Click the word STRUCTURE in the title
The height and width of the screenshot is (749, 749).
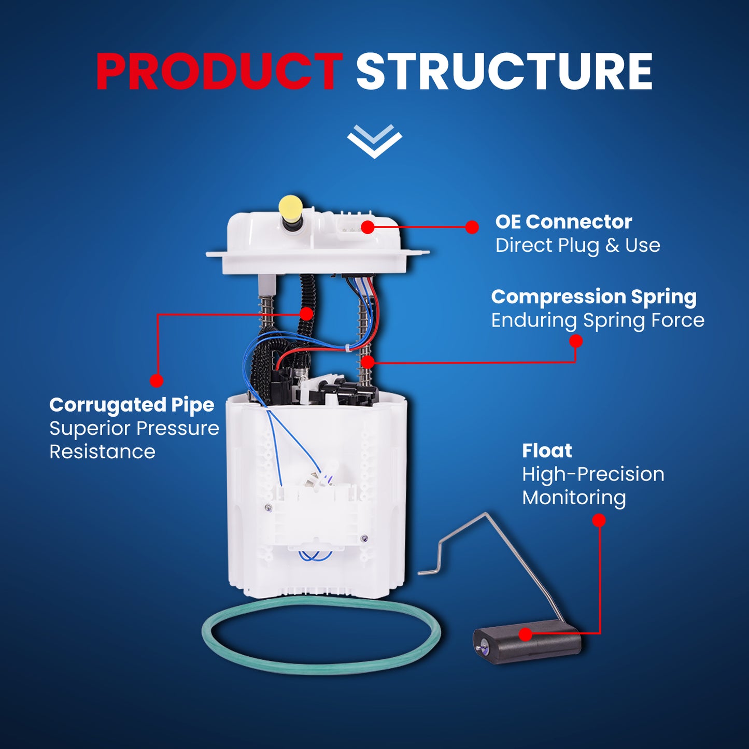pyautogui.click(x=504, y=72)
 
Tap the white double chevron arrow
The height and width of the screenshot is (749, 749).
pyautogui.click(x=374, y=141)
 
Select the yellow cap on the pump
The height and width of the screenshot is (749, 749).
pyautogui.click(x=291, y=208)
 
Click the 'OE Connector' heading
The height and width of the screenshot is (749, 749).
pyautogui.click(x=563, y=222)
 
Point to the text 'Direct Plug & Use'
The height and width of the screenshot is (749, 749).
pyautogui.click(x=577, y=246)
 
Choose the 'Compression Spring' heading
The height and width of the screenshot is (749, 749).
pyautogui.click(x=594, y=298)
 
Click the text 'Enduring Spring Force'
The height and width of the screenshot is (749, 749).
pyautogui.click(x=598, y=321)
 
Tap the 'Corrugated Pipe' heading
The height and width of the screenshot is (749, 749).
pyautogui.click(x=132, y=405)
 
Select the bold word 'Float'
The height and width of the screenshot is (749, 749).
pyautogui.click(x=547, y=451)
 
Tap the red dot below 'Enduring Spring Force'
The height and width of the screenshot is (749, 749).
pyautogui.click(x=576, y=341)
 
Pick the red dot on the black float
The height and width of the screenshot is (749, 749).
pyautogui.click(x=526, y=634)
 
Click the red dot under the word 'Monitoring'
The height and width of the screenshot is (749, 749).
pyautogui.click(x=599, y=520)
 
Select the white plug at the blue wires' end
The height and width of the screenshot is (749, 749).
pyautogui.click(x=317, y=480)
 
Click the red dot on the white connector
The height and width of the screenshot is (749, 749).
pyautogui.click(x=368, y=227)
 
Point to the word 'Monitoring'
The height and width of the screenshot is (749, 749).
pyautogui.click(x=574, y=498)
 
